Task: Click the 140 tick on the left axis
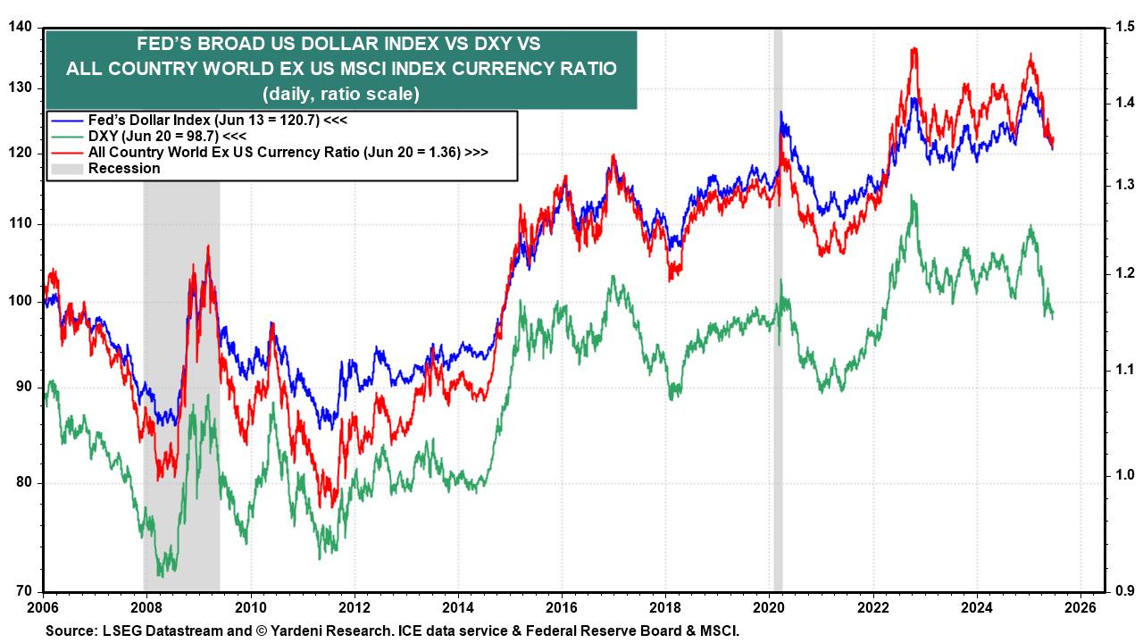point(21,28)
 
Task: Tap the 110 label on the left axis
point(21,223)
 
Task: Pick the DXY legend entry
point(152,136)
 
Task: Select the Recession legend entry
point(123,168)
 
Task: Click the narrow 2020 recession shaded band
point(778,357)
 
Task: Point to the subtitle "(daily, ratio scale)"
point(340,93)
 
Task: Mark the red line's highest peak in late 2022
point(913,50)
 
